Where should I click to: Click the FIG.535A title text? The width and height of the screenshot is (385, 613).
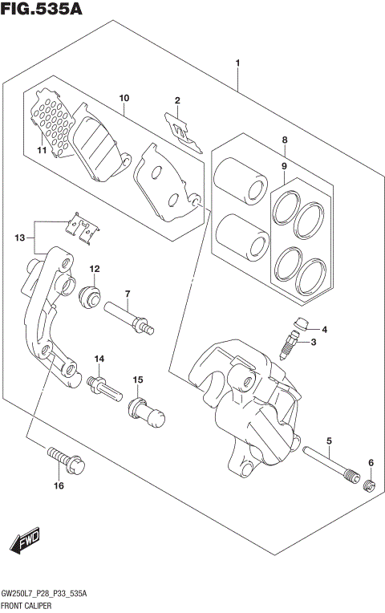(42, 10)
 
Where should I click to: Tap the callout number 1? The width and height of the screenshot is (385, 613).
(238, 63)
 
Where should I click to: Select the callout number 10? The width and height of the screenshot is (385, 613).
(124, 99)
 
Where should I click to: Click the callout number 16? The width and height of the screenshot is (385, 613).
(59, 485)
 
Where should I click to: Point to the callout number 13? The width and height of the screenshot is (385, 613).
(19, 237)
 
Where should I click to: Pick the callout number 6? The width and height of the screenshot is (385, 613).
(371, 463)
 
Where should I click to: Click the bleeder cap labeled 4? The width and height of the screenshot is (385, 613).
(301, 325)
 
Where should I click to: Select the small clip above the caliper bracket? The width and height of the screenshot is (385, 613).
(83, 228)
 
